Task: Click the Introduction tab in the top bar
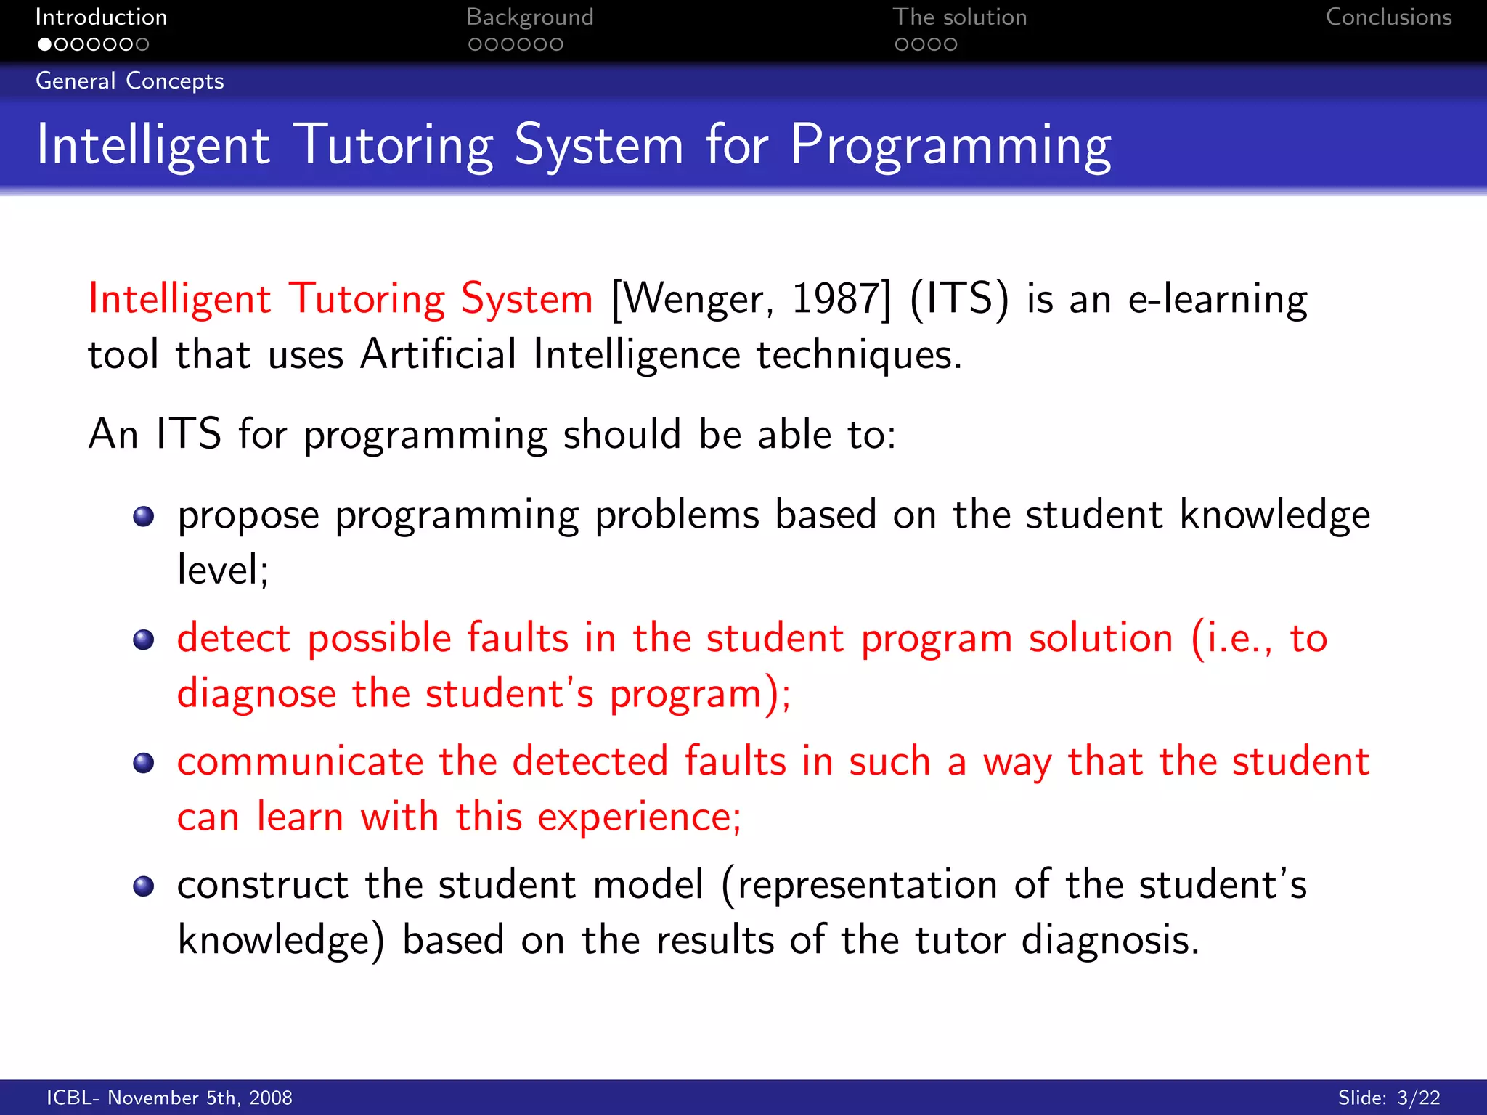(x=101, y=17)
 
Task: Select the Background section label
(x=529, y=17)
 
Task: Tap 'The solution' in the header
(x=959, y=17)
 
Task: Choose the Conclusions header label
(x=1388, y=17)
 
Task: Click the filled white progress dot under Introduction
(x=45, y=44)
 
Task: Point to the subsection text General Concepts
(x=130, y=81)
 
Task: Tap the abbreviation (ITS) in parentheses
(x=958, y=298)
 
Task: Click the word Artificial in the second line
(x=438, y=354)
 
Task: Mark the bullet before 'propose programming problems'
(x=144, y=516)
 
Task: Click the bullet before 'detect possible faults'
(x=144, y=640)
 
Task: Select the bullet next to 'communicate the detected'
(x=144, y=763)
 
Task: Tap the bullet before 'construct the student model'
(x=144, y=886)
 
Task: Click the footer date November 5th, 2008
(x=200, y=1098)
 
